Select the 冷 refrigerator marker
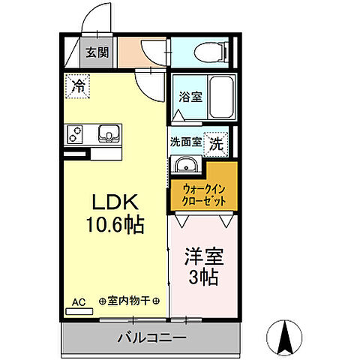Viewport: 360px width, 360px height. [77, 86]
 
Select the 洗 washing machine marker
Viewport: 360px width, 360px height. [216, 143]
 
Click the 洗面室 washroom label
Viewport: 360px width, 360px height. [185, 140]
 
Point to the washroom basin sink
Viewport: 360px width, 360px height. [184, 166]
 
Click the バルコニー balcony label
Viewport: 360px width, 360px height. [151, 339]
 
